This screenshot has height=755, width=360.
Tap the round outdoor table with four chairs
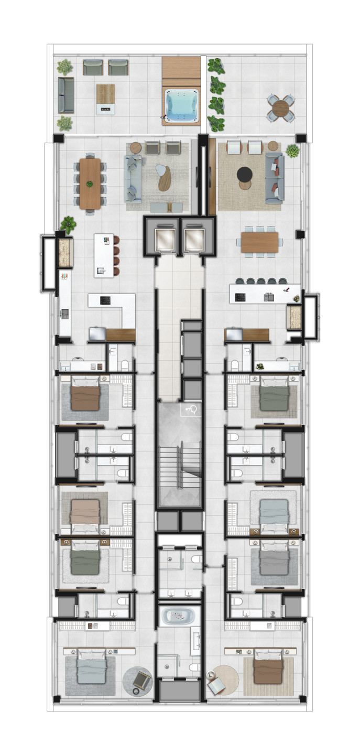tap(281, 108)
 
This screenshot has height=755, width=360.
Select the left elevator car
tap(162, 239)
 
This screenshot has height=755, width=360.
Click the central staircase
tap(180, 464)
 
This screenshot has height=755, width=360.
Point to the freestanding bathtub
tap(177, 616)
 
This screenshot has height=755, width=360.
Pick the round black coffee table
tap(245, 174)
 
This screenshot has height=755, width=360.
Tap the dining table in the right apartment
tap(260, 242)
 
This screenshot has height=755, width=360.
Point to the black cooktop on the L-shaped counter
tap(105, 301)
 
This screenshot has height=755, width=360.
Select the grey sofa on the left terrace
tap(66, 95)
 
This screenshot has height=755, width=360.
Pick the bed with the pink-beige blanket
tap(85, 511)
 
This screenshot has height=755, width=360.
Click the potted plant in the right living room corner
tap(293, 151)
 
